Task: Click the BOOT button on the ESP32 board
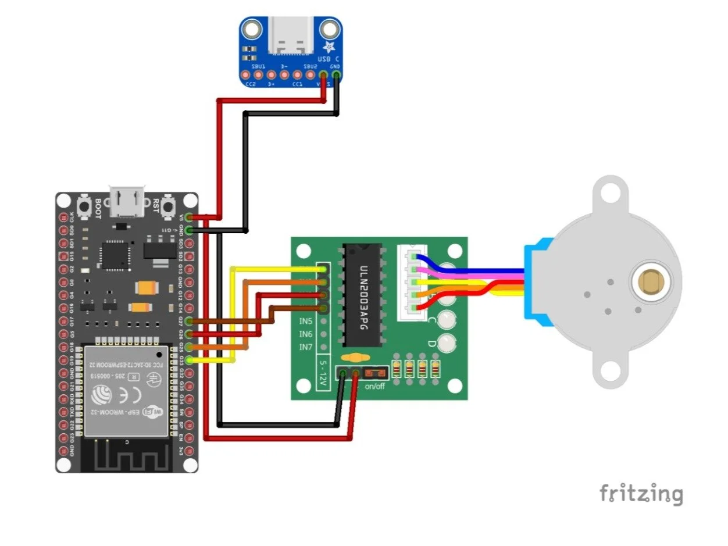(83, 206)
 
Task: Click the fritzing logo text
(641, 494)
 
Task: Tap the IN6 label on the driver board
(306, 334)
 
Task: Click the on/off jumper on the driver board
(374, 372)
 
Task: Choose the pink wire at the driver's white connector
(430, 270)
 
